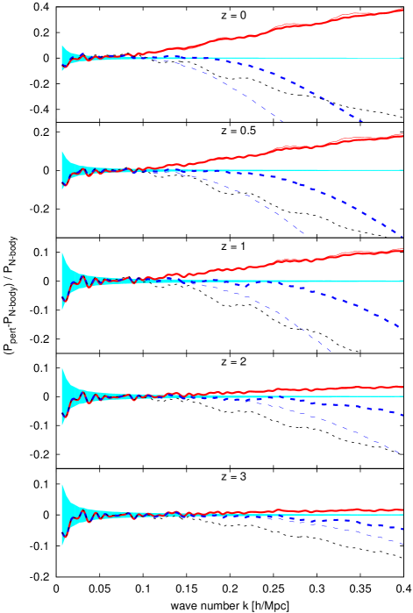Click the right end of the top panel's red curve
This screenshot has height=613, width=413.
point(402,10)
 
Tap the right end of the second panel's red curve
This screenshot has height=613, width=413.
point(402,135)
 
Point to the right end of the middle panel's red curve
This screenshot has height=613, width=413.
point(402,250)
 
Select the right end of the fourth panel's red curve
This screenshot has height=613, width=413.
point(402,387)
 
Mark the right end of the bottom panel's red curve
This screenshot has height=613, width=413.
point(402,510)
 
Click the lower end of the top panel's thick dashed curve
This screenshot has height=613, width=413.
point(362,122)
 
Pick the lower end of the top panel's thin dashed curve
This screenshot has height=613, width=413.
point(282,121)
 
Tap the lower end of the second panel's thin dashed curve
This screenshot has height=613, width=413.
point(305,234)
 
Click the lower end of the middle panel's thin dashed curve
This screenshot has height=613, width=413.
point(331,353)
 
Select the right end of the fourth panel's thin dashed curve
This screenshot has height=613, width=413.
point(402,453)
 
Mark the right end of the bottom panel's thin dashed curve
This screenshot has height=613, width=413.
point(402,545)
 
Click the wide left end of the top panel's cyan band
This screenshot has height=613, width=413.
point(62,58)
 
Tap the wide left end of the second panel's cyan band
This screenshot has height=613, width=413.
point(62,170)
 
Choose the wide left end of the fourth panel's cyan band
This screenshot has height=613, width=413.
point(62,396)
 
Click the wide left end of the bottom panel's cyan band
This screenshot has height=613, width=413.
point(62,515)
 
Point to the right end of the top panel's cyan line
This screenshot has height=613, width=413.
point(402,58)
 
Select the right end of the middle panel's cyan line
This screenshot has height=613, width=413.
point(402,281)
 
